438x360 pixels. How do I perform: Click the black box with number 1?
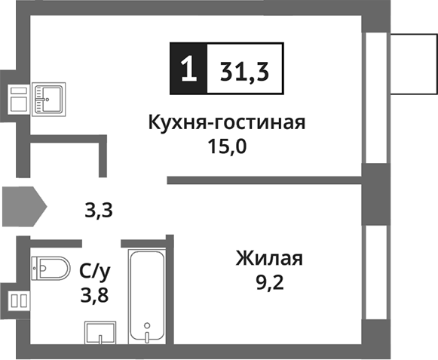coord(188,69)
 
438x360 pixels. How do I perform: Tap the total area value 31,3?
coord(246,69)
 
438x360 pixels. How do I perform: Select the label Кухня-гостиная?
coord(227,122)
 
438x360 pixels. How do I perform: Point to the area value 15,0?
coord(228,146)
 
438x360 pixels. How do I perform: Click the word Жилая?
coord(268,260)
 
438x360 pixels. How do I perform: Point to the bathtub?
coord(147,294)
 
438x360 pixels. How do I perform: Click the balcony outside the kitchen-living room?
coord(413,63)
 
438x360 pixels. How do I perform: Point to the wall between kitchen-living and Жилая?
coord(264,180)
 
